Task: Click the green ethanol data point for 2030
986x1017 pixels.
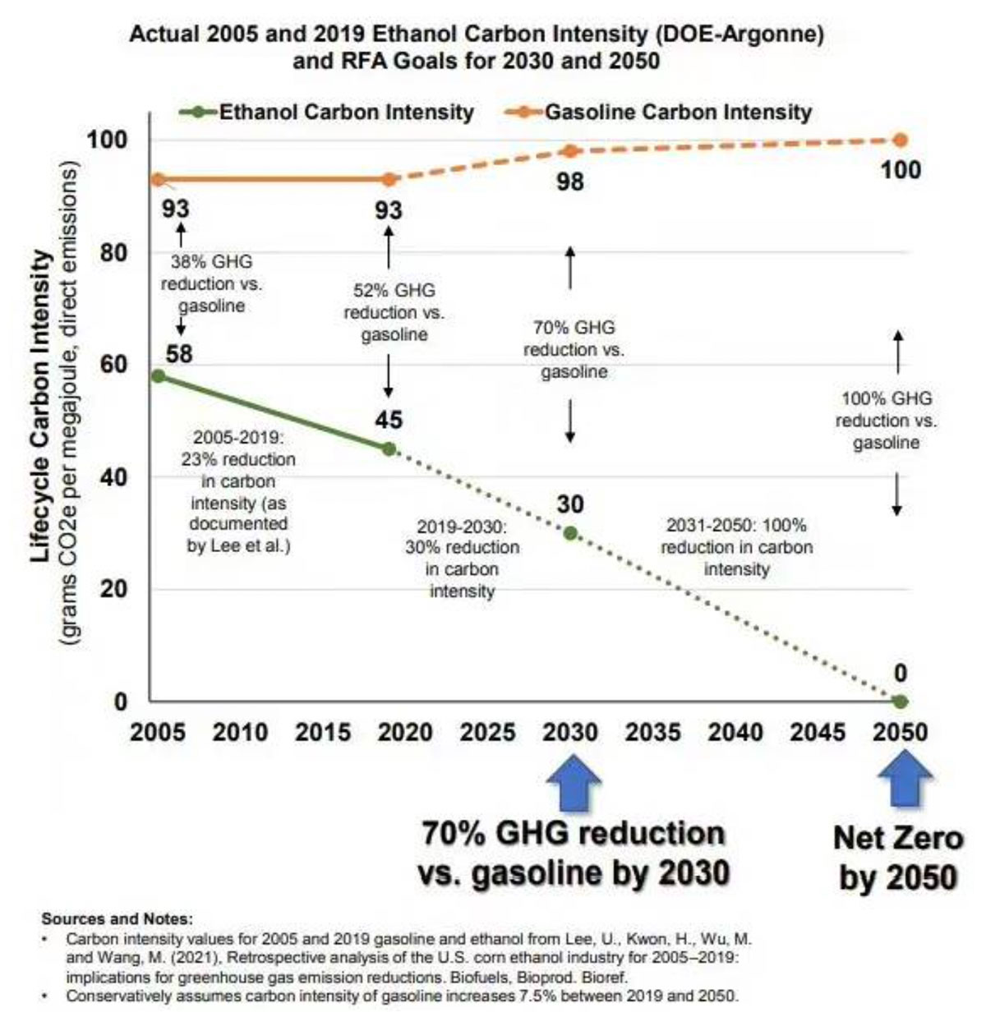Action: click(570, 533)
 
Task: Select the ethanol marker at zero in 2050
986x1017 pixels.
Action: click(900, 702)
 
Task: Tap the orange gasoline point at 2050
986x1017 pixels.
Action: click(900, 140)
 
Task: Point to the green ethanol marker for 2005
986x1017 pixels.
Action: click(159, 376)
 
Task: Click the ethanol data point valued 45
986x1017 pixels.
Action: click(389, 449)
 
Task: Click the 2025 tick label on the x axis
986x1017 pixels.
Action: click(487, 732)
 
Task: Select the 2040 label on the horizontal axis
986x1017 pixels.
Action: click(735, 732)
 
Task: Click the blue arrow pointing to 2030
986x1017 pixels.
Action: click(572, 782)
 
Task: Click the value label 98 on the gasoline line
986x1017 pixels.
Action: click(569, 181)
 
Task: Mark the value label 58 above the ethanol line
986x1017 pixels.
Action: click(179, 354)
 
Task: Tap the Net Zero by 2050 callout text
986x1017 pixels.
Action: click(897, 858)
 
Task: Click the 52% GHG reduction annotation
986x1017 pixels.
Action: click(394, 312)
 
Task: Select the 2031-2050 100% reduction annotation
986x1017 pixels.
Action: click(736, 546)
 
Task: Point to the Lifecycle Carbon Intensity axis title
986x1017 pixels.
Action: click(42, 407)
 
